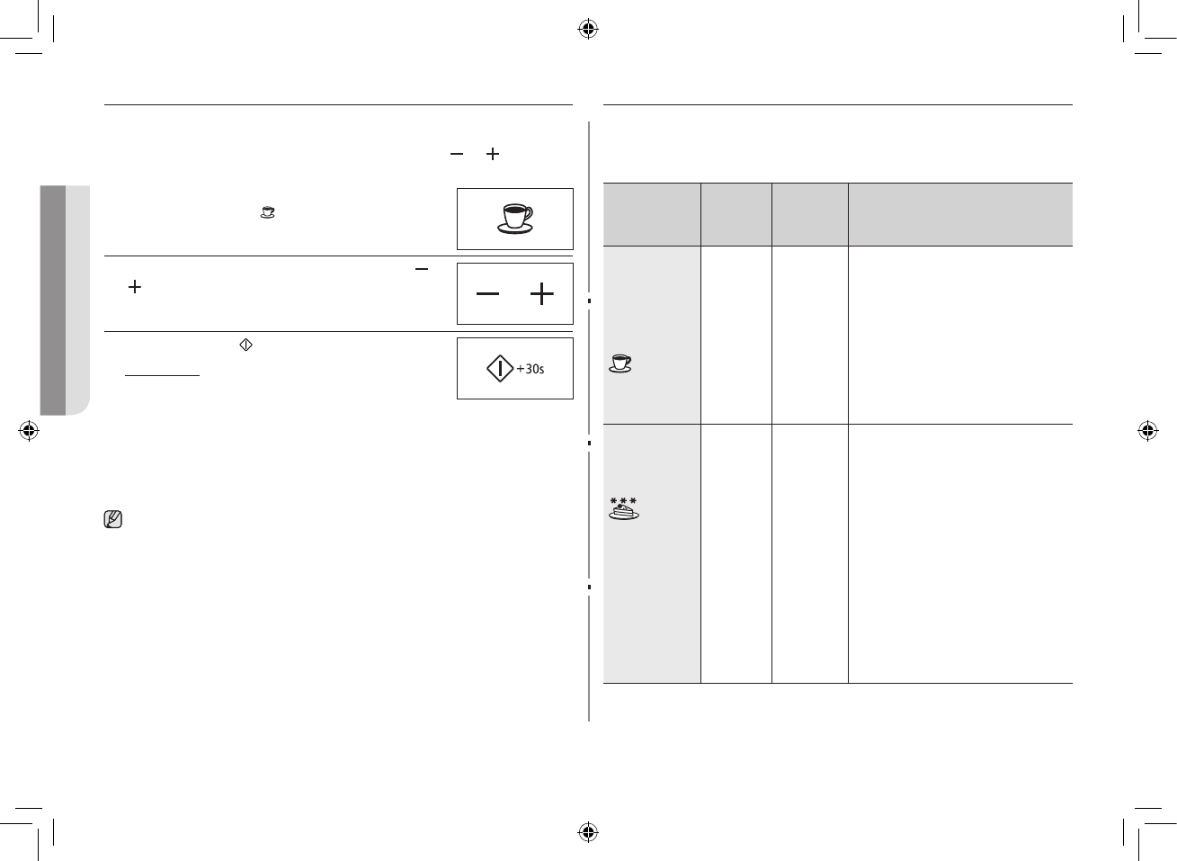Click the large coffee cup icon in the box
(x=514, y=219)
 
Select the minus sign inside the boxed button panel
(x=487, y=294)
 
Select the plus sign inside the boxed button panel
(x=542, y=294)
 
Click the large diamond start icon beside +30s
(x=499, y=369)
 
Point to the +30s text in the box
(x=531, y=369)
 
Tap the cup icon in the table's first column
(x=620, y=363)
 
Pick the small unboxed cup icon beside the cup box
(x=267, y=212)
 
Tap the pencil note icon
(x=113, y=519)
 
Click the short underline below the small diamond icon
(x=162, y=375)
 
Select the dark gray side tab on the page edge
(x=54, y=300)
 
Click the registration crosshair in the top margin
(x=588, y=30)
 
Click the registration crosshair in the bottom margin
(x=588, y=831)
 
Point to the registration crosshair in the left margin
(x=29, y=431)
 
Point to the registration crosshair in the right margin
(x=1147, y=431)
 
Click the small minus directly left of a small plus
(x=457, y=155)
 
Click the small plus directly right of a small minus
(x=492, y=155)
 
